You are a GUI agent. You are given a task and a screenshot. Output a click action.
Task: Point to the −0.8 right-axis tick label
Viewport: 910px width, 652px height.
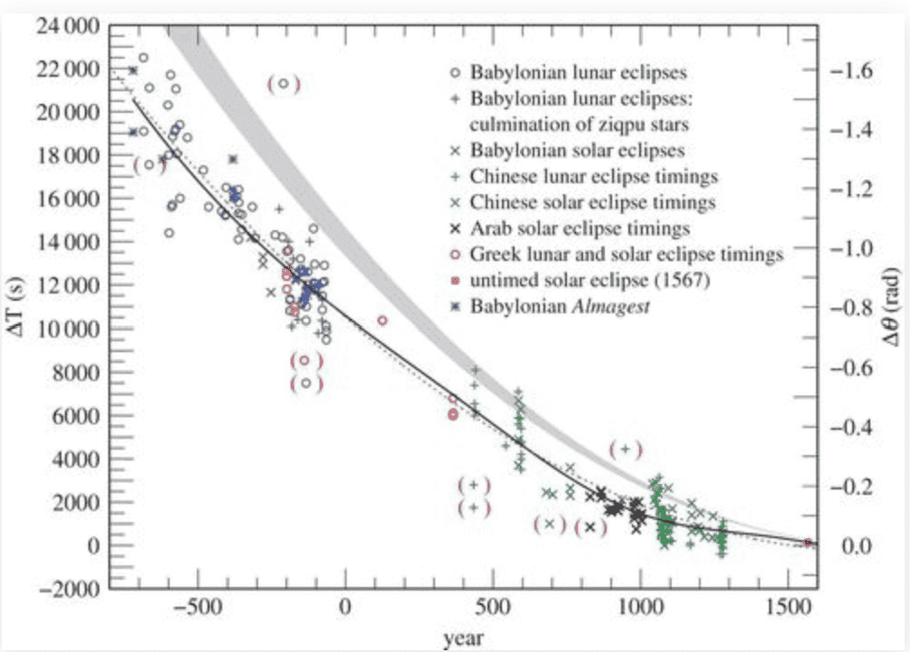(853, 308)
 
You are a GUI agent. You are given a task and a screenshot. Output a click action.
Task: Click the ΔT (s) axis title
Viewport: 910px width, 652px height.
(15, 308)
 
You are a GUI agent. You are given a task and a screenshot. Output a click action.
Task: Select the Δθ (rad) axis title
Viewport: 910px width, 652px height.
(894, 308)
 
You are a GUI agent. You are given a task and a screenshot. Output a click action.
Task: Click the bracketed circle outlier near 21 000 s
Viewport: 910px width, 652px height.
(283, 84)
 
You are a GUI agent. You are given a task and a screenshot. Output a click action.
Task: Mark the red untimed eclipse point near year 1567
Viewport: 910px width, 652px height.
(808, 543)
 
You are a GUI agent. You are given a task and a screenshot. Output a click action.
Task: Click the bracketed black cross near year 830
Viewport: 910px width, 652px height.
(590, 527)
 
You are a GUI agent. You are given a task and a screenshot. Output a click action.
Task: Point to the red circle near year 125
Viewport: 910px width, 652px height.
(383, 321)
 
